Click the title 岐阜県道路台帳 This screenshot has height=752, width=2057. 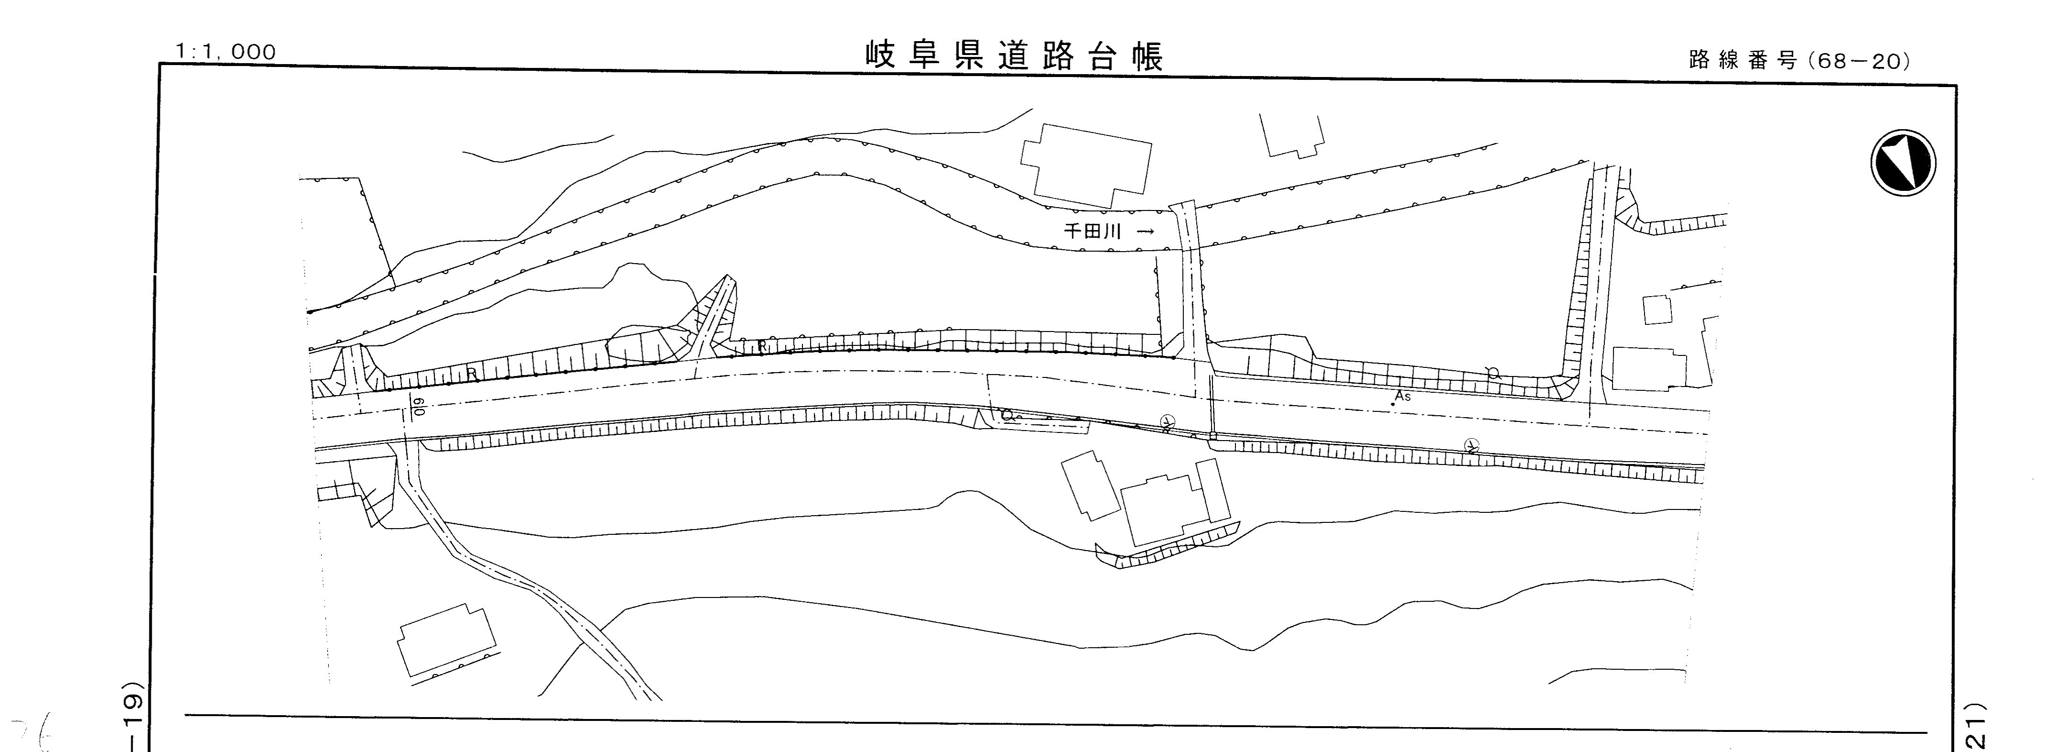pyautogui.click(x=1014, y=56)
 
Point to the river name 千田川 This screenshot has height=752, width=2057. pyautogui.click(x=1092, y=232)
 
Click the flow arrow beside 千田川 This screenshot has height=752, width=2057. pyautogui.click(x=1145, y=232)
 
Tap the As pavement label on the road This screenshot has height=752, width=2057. pyautogui.click(x=1402, y=397)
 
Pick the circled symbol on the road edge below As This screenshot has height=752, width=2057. pyautogui.click(x=1472, y=445)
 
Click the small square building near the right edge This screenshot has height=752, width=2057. pyautogui.click(x=1657, y=309)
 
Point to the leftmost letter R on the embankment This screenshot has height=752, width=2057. pyautogui.click(x=472, y=372)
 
